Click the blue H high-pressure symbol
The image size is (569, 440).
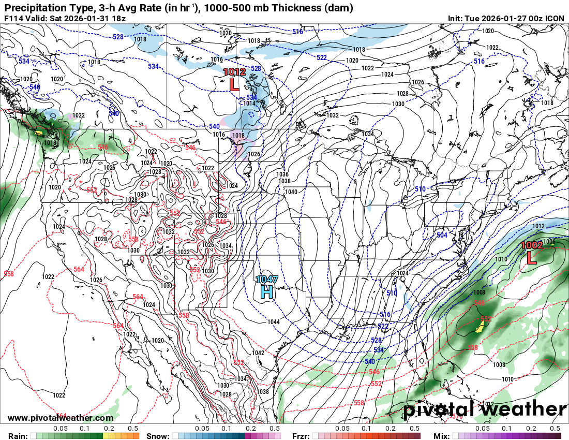click(266, 291)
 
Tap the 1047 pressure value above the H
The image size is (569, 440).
click(267, 280)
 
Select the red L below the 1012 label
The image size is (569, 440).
click(234, 84)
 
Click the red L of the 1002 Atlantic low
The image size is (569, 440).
click(531, 257)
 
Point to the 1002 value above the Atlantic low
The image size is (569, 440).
click(531, 245)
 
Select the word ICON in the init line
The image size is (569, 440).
click(556, 18)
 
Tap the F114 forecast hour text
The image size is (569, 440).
click(14, 18)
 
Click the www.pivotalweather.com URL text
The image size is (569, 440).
click(61, 418)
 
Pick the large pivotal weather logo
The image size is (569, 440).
click(485, 409)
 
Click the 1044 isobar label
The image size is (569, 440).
click(274, 322)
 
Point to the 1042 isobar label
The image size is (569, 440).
click(258, 353)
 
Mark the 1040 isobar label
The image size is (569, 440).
click(291, 192)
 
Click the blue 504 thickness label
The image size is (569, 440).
click(442, 235)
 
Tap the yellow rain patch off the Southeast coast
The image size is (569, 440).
click(481, 326)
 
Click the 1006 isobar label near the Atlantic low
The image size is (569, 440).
click(549, 242)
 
